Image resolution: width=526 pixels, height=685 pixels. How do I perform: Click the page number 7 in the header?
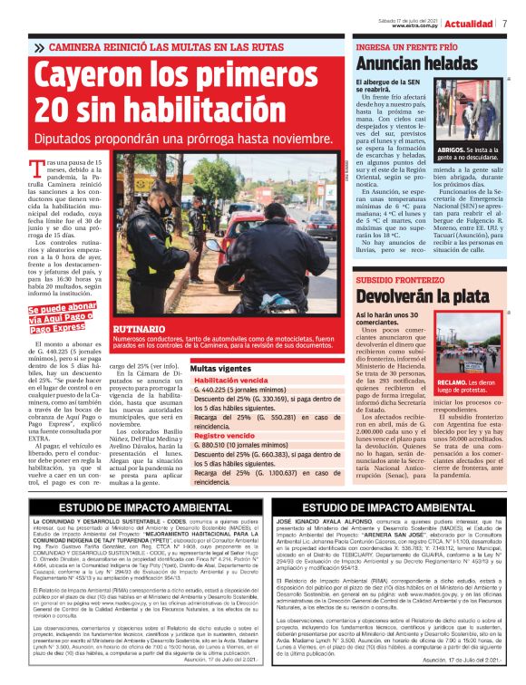click(x=503, y=23)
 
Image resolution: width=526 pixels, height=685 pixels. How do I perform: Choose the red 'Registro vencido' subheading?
click(x=225, y=436)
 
